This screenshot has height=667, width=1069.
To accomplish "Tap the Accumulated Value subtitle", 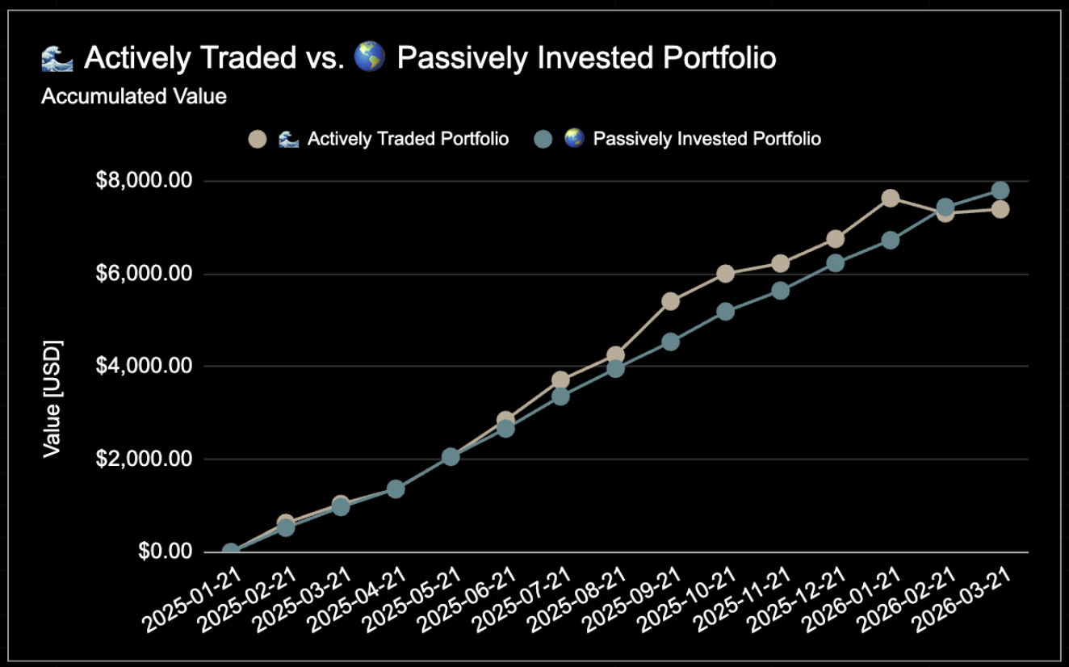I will click(134, 97).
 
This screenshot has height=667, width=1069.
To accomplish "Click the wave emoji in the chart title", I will click(57, 58).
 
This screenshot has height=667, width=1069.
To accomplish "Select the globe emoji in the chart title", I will click(370, 58).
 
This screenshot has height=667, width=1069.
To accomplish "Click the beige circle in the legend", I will click(258, 139).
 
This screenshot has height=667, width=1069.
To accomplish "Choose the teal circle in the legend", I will click(544, 139).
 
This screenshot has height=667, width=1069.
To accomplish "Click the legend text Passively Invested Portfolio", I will click(706, 139).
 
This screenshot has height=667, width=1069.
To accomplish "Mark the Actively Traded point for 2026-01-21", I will click(891, 199).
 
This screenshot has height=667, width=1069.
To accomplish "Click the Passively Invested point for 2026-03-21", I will click(1000, 191).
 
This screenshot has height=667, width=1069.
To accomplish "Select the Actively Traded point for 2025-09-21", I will click(670, 301).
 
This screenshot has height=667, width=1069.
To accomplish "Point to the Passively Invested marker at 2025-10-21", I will click(725, 312).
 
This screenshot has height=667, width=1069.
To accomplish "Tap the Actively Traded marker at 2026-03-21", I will click(1000, 209).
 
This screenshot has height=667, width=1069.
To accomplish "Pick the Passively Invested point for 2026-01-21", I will click(891, 240).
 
